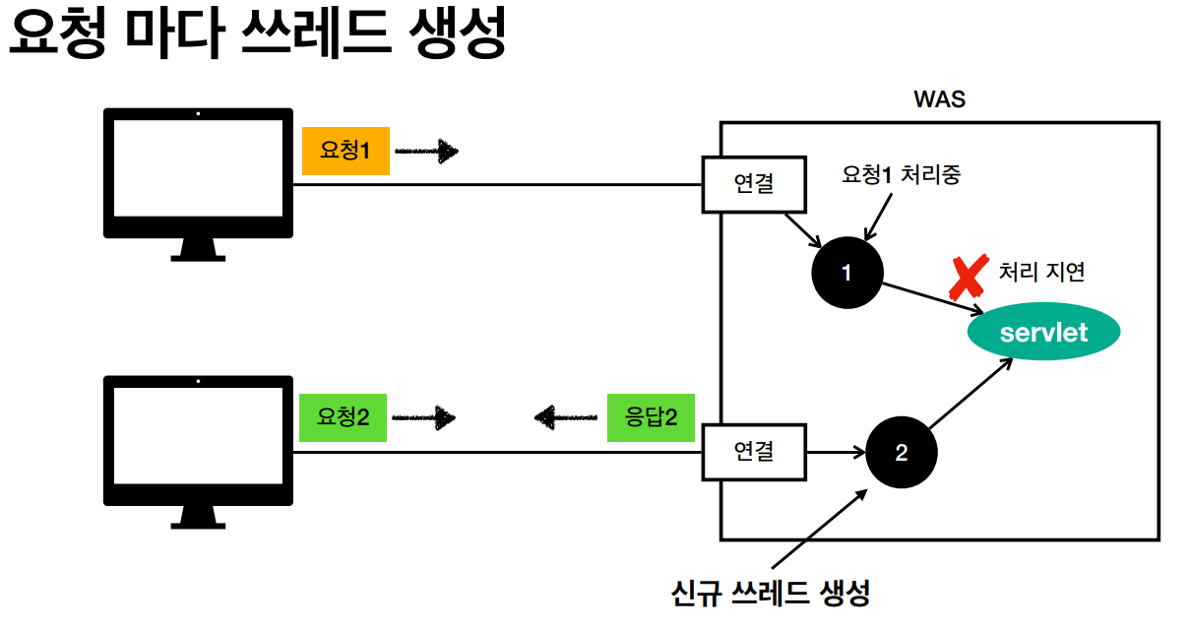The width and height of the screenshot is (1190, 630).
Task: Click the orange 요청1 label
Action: click(x=345, y=152)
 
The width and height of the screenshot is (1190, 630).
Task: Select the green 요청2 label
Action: click(x=343, y=417)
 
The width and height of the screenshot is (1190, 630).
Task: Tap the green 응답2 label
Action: click(x=651, y=417)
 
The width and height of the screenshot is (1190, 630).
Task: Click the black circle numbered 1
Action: click(x=846, y=273)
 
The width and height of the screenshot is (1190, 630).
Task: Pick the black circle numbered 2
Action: click(x=902, y=453)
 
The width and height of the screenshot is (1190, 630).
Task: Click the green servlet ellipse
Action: click(x=1043, y=332)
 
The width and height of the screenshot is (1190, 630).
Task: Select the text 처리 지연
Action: click(x=1041, y=272)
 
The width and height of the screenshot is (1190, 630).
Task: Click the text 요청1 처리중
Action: click(x=901, y=175)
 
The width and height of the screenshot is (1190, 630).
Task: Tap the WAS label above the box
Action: click(x=939, y=99)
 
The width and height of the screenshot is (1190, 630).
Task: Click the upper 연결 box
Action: click(x=754, y=183)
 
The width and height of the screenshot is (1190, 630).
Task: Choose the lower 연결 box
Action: click(x=754, y=451)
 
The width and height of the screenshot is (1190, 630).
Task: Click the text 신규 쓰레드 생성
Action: click(x=770, y=594)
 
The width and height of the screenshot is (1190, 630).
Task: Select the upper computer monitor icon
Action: click(x=198, y=182)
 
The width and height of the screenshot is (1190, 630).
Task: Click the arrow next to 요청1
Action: click(x=427, y=152)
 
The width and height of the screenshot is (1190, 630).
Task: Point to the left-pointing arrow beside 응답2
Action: click(x=566, y=417)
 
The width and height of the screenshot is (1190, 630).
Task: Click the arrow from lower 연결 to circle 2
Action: click(x=835, y=453)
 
